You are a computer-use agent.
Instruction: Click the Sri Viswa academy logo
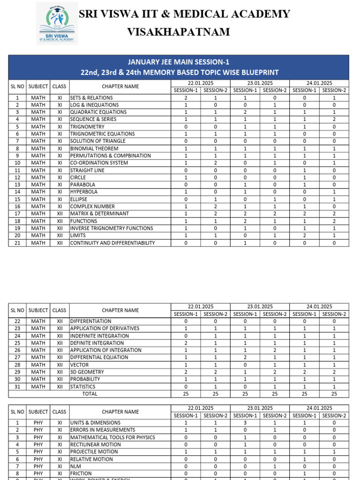point(57,23)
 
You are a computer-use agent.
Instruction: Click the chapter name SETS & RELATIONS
point(91,98)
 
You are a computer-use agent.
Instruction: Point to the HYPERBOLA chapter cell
point(84,192)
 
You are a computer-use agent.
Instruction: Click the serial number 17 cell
point(17,214)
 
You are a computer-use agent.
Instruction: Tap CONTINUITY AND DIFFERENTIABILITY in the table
point(112,243)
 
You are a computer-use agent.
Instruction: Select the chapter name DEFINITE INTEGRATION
point(97,343)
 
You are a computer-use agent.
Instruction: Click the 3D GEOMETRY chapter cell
point(87,372)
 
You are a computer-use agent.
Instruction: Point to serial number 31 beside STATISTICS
point(17,387)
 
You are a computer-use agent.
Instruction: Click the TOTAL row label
point(90,394)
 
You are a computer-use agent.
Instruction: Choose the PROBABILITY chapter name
point(85,379)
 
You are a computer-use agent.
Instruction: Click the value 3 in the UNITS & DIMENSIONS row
point(245,423)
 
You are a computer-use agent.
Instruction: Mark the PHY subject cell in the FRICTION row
point(38,473)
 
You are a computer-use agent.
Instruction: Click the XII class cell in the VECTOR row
point(60,365)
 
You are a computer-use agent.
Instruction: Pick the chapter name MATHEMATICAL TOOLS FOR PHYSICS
point(112,437)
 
